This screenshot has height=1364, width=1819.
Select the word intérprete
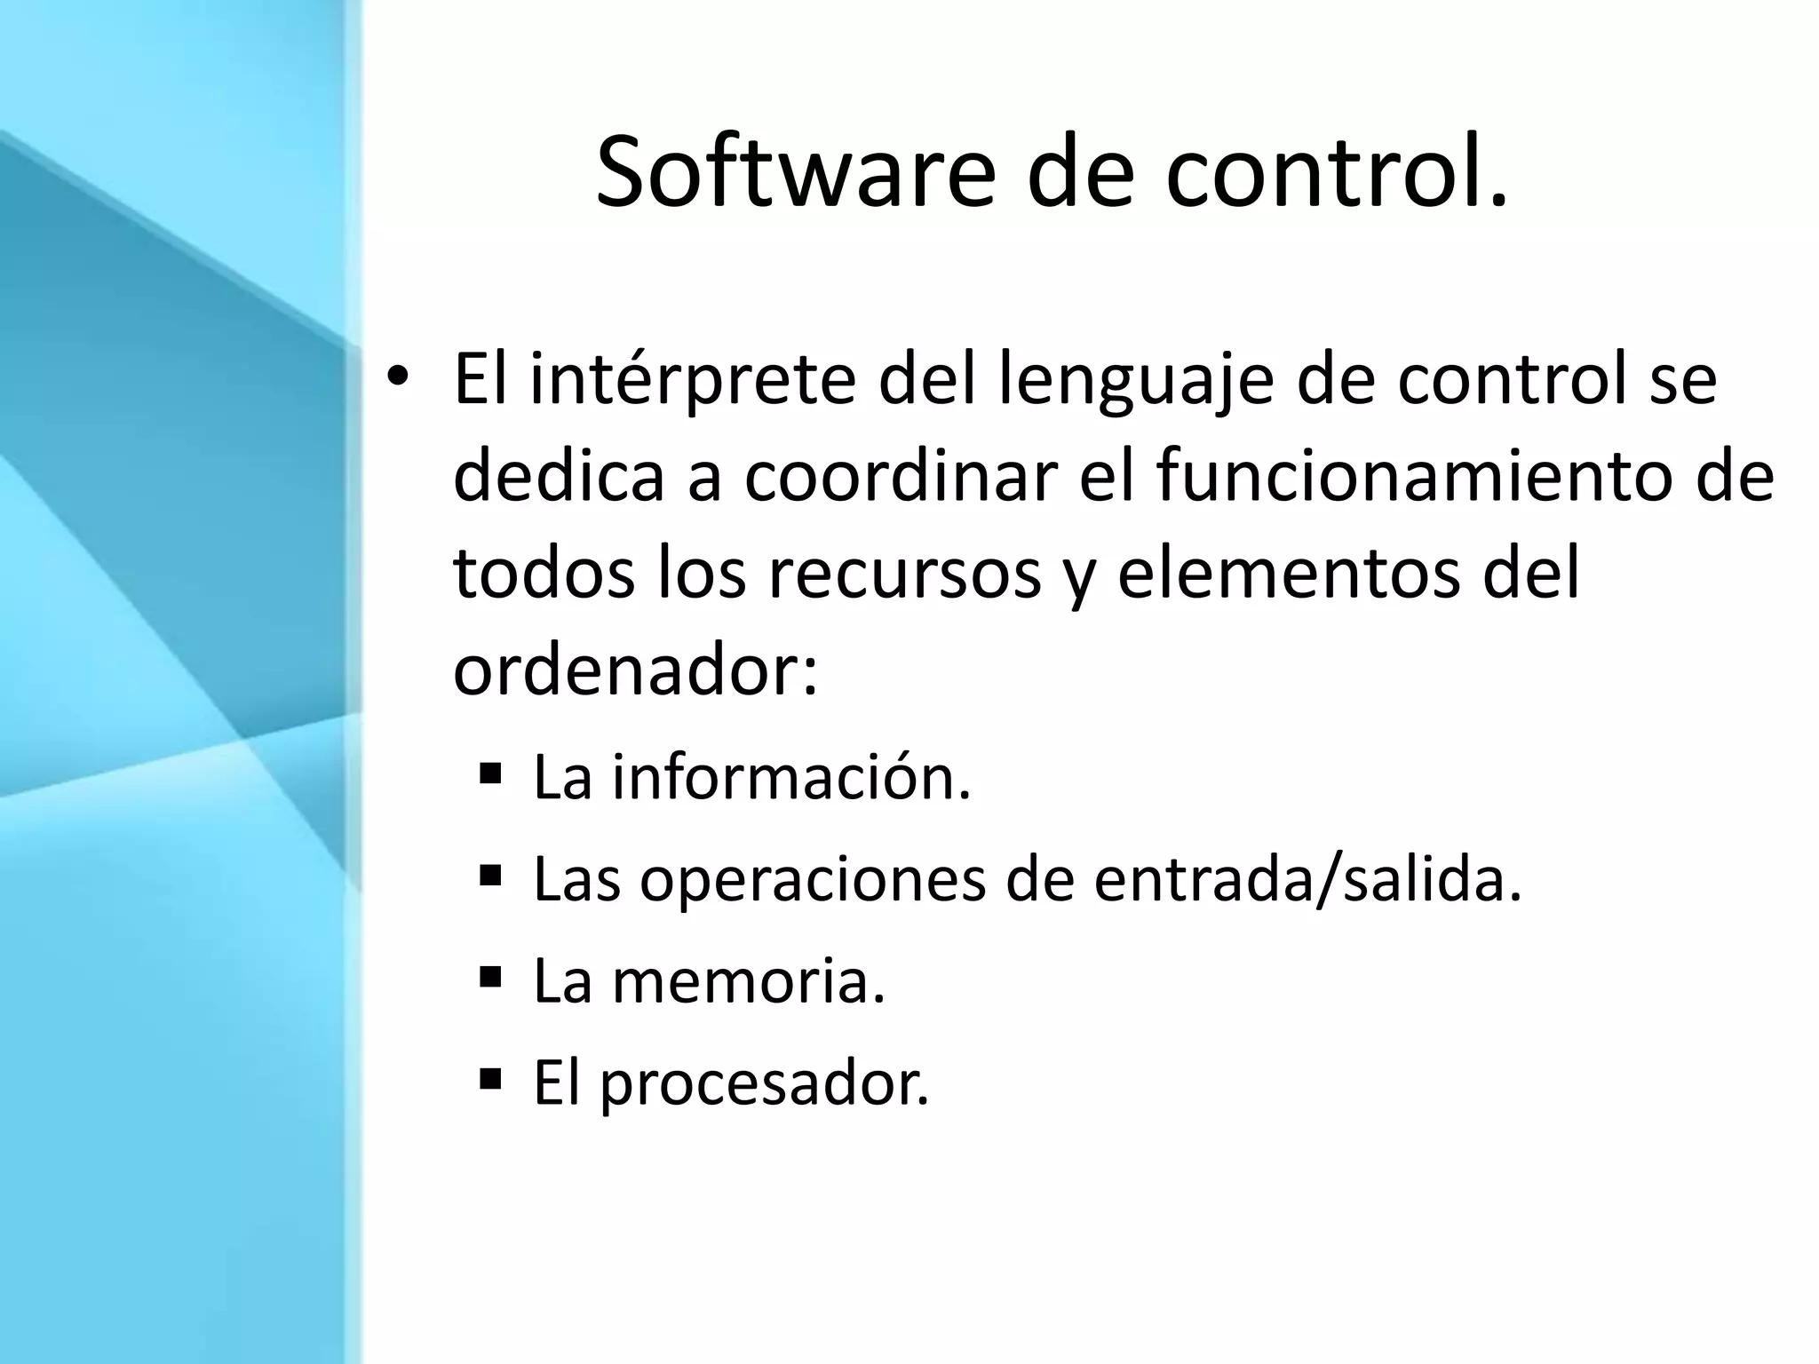pyautogui.click(x=693, y=380)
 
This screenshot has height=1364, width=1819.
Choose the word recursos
pyautogui.click(x=904, y=573)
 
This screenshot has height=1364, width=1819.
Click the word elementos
pyautogui.click(x=1286, y=573)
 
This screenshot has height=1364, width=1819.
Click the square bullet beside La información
pyautogui.click(x=490, y=772)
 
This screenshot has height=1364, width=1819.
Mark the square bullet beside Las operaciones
pyautogui.click(x=490, y=876)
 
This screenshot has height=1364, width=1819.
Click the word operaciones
pyautogui.click(x=813, y=880)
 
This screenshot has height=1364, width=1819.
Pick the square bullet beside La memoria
pyautogui.click(x=490, y=978)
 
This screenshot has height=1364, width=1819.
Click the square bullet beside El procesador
pyautogui.click(x=490, y=1080)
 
